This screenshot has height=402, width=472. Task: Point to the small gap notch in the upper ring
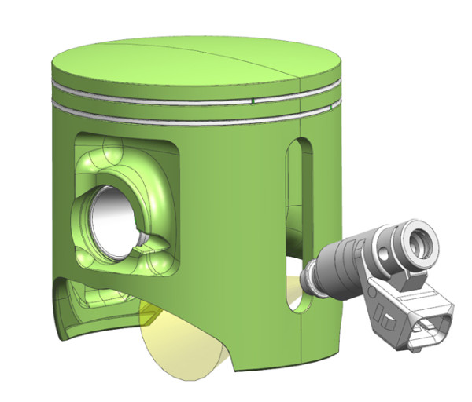(x=251, y=100)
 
